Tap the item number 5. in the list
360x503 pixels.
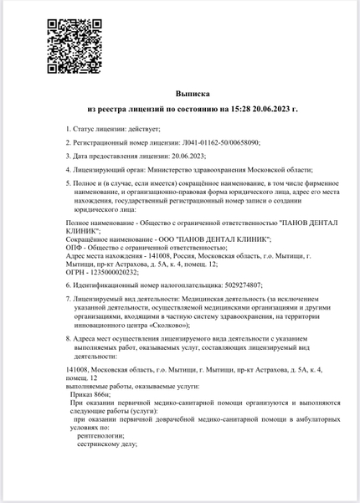(69, 184)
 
